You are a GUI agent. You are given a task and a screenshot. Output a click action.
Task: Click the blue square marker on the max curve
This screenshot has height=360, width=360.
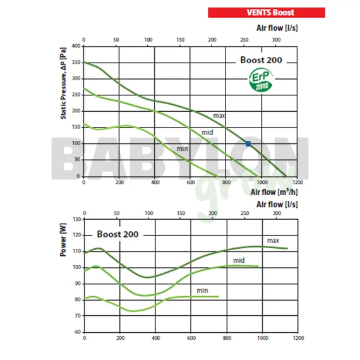248,144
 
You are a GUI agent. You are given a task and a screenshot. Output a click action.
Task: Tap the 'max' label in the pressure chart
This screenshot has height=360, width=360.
219,116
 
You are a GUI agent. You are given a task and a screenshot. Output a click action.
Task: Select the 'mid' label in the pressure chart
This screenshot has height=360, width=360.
207,132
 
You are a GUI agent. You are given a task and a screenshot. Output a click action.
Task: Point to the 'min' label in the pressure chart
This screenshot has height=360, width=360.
183,149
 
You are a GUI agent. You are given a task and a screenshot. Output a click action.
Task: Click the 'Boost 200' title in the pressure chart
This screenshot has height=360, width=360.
260,61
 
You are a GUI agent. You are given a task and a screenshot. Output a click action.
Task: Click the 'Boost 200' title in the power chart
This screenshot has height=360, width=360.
117,234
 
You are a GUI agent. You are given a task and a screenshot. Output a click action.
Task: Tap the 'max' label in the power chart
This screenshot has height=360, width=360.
273,240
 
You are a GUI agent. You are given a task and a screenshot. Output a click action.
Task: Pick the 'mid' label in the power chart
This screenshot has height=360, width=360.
239,260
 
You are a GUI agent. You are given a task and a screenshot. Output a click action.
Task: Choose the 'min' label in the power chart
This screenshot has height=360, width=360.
202,290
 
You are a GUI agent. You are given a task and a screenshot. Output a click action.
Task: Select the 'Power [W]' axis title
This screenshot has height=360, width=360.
63,242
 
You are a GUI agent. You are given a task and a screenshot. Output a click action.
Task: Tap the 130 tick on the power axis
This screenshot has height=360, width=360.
77,219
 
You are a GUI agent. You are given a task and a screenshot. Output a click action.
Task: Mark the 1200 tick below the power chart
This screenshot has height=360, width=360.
297,338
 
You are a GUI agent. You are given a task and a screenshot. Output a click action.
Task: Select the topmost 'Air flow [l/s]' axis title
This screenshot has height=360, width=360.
277,28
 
